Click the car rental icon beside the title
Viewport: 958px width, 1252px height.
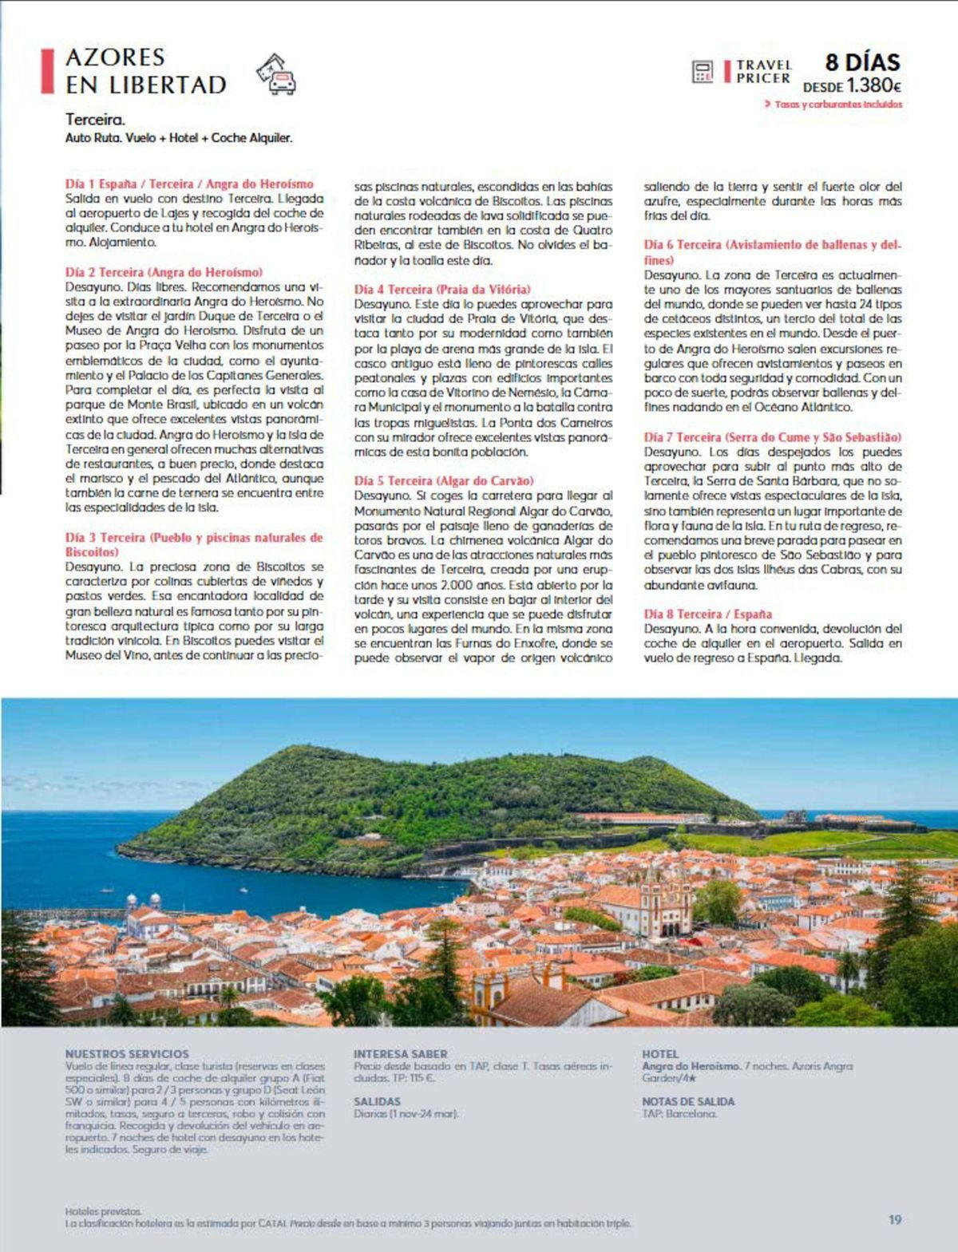click(276, 74)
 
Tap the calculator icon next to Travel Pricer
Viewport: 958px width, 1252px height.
click(703, 72)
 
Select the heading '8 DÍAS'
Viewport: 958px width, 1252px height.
click(862, 62)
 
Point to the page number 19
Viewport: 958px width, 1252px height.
click(895, 1219)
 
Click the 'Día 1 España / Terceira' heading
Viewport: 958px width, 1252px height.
click(189, 184)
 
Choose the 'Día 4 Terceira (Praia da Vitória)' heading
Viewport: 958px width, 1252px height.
click(442, 289)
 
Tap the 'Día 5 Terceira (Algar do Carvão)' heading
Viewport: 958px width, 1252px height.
click(444, 480)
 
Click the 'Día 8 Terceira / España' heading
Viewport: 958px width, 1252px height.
click(708, 614)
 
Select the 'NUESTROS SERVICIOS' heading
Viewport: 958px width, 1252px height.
click(127, 1053)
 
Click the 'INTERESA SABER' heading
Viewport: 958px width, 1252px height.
click(401, 1053)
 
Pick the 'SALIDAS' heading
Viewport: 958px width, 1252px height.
click(378, 1101)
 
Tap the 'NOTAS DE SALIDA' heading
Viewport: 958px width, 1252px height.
click(688, 1101)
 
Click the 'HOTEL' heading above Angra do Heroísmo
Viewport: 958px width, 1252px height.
click(660, 1053)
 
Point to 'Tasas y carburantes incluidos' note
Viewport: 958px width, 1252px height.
click(837, 104)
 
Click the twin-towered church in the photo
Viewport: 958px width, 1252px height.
click(665, 902)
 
